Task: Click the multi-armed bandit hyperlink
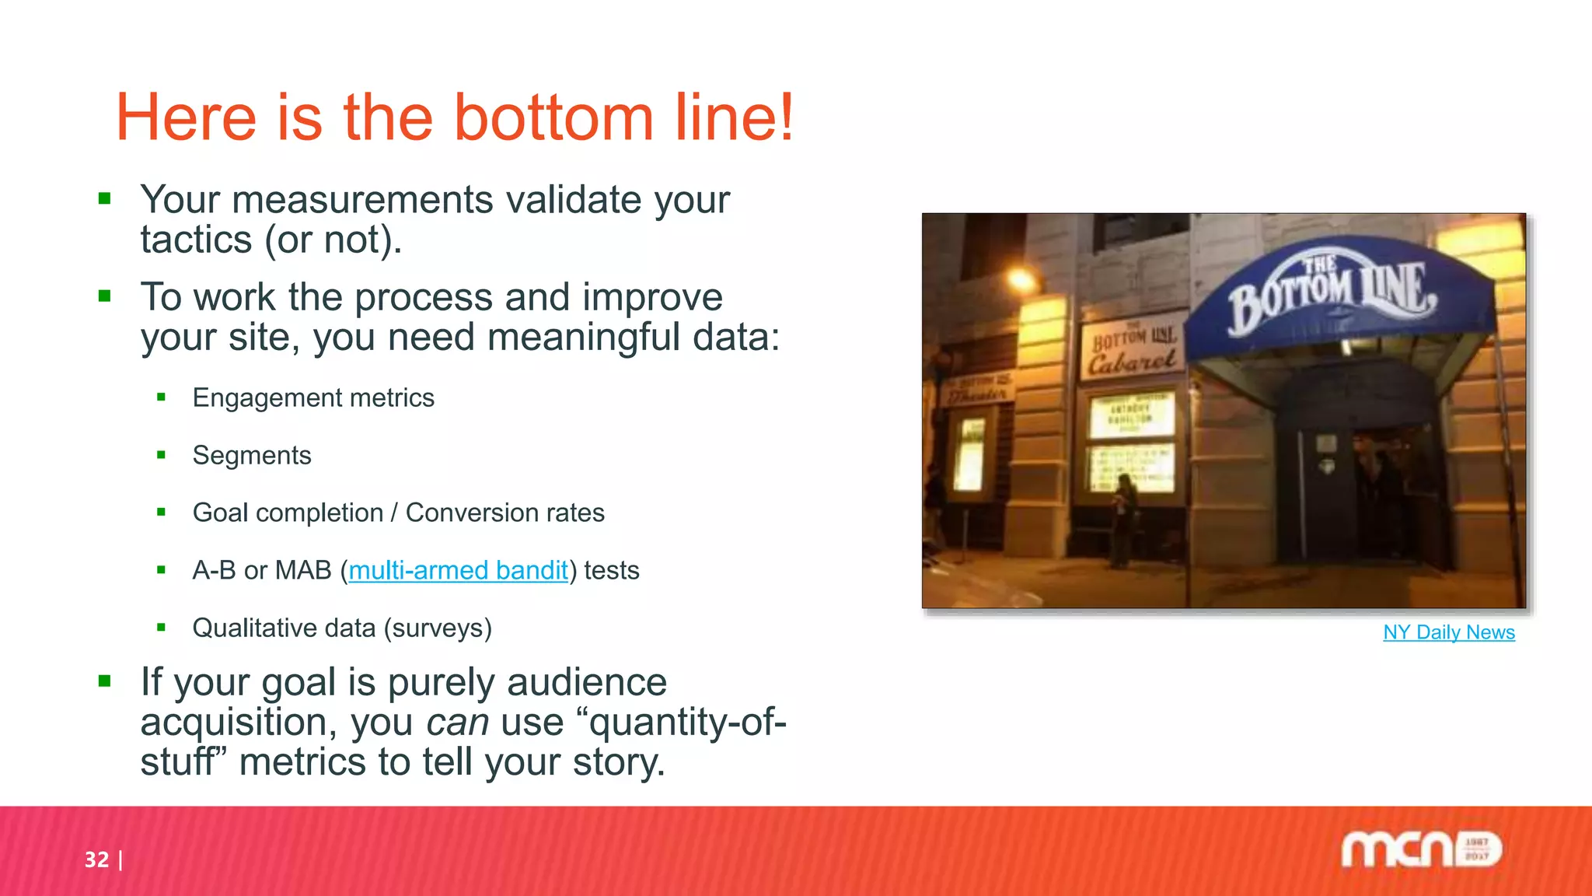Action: (458, 571)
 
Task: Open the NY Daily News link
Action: (1448, 632)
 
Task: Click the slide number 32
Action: (96, 859)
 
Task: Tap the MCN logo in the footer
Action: (1420, 849)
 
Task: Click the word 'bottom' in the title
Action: (553, 118)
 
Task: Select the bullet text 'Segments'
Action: (252, 456)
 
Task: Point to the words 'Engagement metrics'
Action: (313, 398)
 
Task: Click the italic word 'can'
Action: (457, 723)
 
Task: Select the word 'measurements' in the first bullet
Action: (362, 201)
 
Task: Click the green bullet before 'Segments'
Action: (161, 455)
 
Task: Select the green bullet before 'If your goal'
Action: (105, 682)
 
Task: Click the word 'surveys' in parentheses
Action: (438, 628)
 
